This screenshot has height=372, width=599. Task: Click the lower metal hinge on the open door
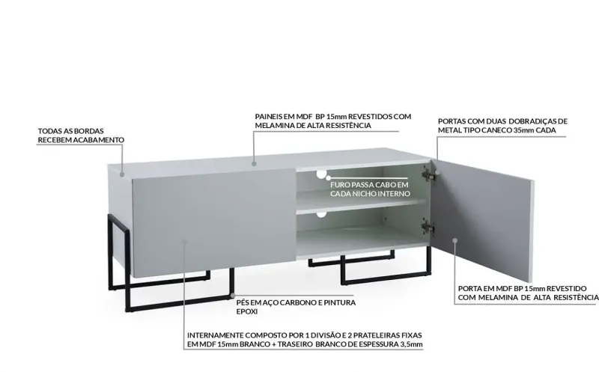coord(428,225)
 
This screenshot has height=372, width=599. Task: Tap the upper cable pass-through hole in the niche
coord(321,174)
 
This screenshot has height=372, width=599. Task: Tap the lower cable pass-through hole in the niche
coord(321,215)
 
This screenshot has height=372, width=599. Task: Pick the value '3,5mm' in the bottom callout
coord(410,345)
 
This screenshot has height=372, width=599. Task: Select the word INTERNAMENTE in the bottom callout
coord(213,335)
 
